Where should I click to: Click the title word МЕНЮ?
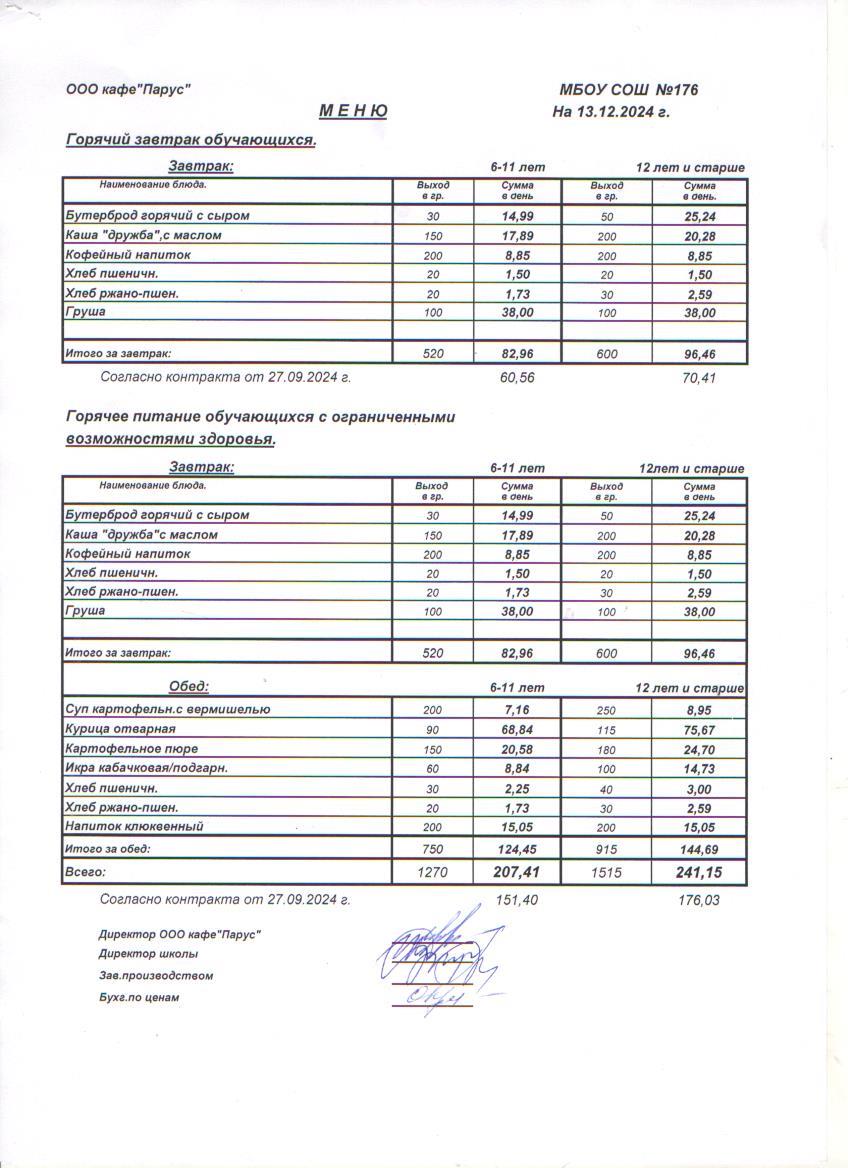(353, 112)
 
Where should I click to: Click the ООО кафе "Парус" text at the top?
(128, 90)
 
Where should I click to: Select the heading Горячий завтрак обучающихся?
(190, 140)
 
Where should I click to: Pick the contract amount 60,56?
(517, 378)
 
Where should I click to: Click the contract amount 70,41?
(699, 378)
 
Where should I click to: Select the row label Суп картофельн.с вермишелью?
(167, 709)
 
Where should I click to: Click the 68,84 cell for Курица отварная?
(517, 730)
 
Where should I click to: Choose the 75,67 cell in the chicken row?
(699, 730)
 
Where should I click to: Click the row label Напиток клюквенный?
(134, 826)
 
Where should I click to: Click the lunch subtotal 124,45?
(517, 849)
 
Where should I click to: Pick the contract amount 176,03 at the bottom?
(699, 900)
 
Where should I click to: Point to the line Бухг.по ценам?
(139, 997)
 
